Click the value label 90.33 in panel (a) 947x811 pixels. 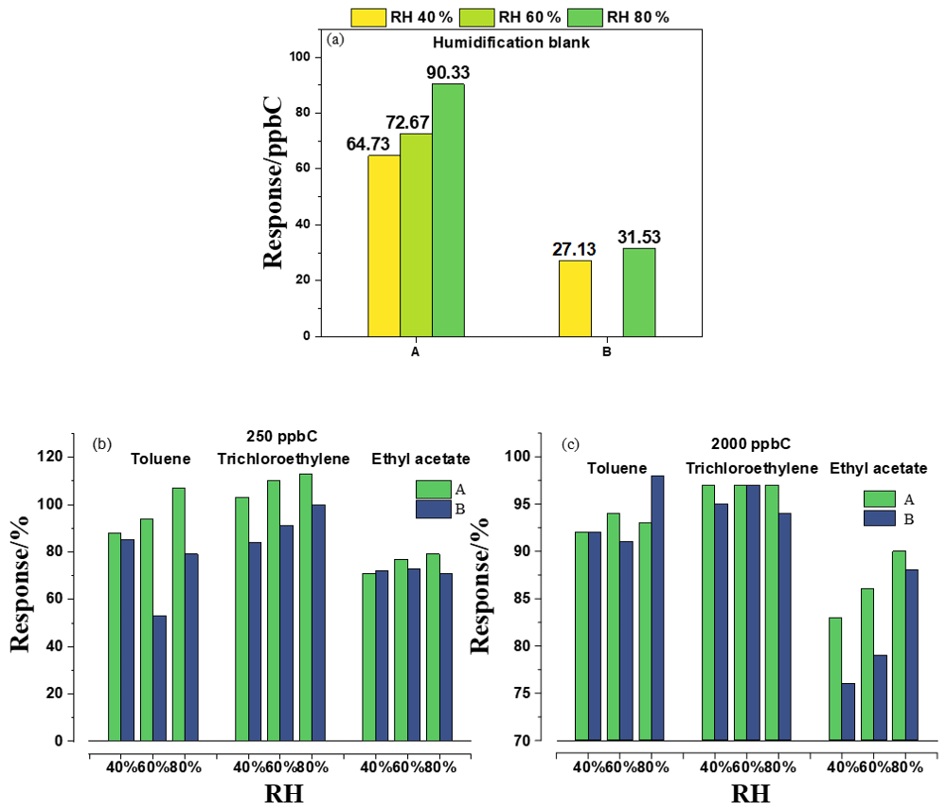tap(448, 72)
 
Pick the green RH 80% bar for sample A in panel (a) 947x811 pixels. tap(448, 209)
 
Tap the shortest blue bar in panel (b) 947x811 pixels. tap(159, 677)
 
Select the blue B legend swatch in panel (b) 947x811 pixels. tap(433, 509)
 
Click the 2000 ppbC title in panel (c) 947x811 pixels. tap(750, 443)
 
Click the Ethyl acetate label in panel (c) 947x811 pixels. tap(878, 468)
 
